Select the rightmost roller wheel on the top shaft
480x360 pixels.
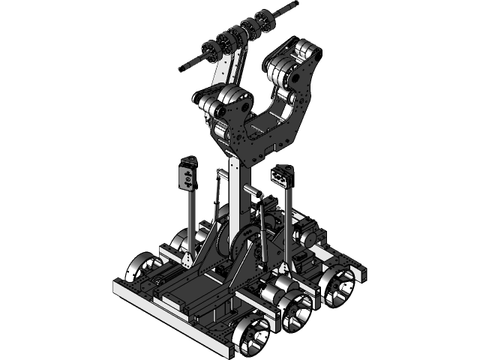(x=264, y=19)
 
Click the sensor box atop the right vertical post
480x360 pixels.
(x=281, y=177)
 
